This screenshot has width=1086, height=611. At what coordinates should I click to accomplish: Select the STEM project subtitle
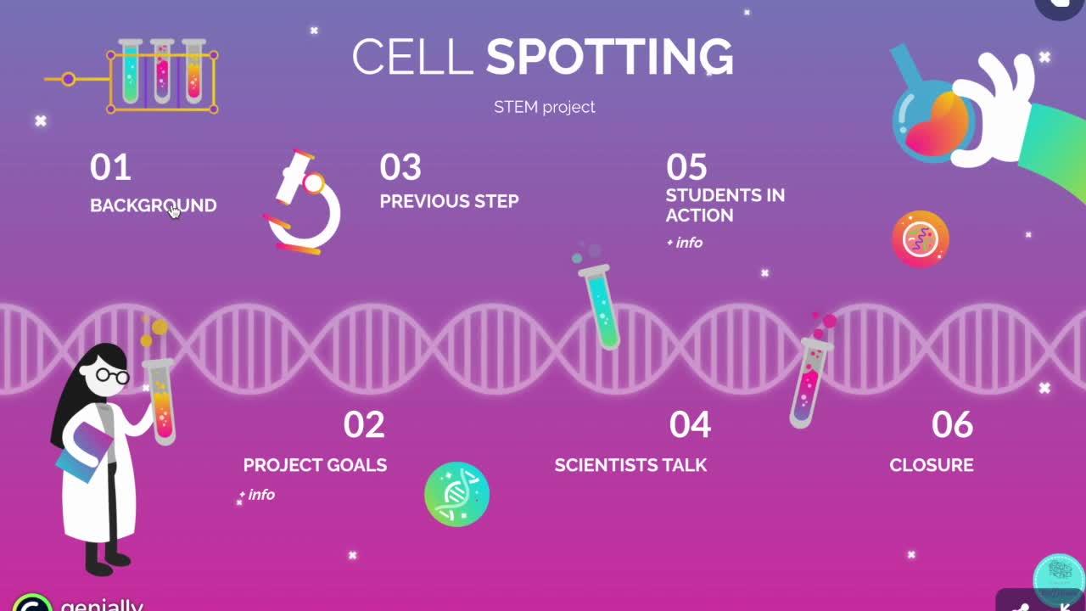pos(544,107)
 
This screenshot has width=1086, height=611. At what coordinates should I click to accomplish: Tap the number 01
pos(110,167)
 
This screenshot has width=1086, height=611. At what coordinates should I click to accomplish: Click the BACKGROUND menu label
pos(154,205)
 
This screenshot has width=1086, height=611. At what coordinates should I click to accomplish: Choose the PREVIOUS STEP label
pos(449,201)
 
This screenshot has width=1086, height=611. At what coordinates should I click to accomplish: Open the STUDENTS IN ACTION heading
pos(725,205)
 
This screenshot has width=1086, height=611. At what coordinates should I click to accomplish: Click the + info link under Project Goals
pos(257,495)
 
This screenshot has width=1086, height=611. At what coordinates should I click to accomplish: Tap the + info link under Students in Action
pos(685,243)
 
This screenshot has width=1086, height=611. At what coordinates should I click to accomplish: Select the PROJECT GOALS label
pos(315,465)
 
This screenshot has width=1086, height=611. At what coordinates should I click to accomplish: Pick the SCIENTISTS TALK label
pos(630,465)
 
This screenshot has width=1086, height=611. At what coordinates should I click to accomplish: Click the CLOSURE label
pos(932,465)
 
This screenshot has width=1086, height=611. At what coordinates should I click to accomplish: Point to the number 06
pos(952,424)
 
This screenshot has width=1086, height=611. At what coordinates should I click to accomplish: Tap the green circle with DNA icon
pos(456,494)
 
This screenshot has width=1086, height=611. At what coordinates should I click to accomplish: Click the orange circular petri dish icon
pos(921,239)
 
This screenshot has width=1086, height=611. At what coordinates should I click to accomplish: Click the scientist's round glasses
pos(113,375)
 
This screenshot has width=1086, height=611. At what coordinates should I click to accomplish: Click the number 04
pos(690,424)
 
